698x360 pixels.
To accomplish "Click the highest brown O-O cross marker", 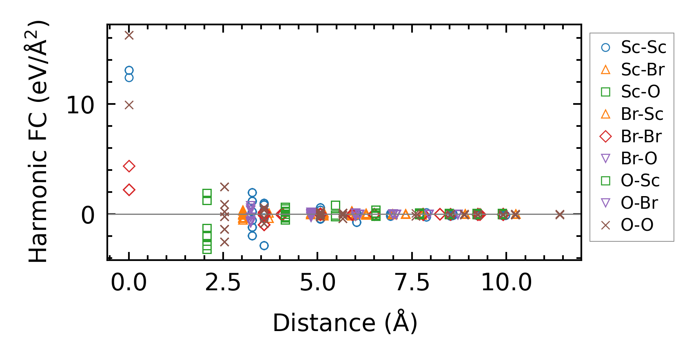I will [129, 35].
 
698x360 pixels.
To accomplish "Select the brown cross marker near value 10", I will [129, 105].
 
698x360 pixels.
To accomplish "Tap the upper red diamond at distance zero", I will [129, 166].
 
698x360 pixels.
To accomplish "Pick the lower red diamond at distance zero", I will [129, 190].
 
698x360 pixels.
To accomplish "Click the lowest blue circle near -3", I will [264, 245].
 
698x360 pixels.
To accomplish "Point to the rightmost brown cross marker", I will [560, 214].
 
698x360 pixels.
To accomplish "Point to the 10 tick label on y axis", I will [80, 105].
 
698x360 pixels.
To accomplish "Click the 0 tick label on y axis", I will [88, 215].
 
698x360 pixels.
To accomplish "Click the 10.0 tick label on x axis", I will [506, 282].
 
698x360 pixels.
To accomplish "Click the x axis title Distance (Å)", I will [345, 323].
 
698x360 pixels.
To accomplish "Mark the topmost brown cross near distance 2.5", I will [224, 187].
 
